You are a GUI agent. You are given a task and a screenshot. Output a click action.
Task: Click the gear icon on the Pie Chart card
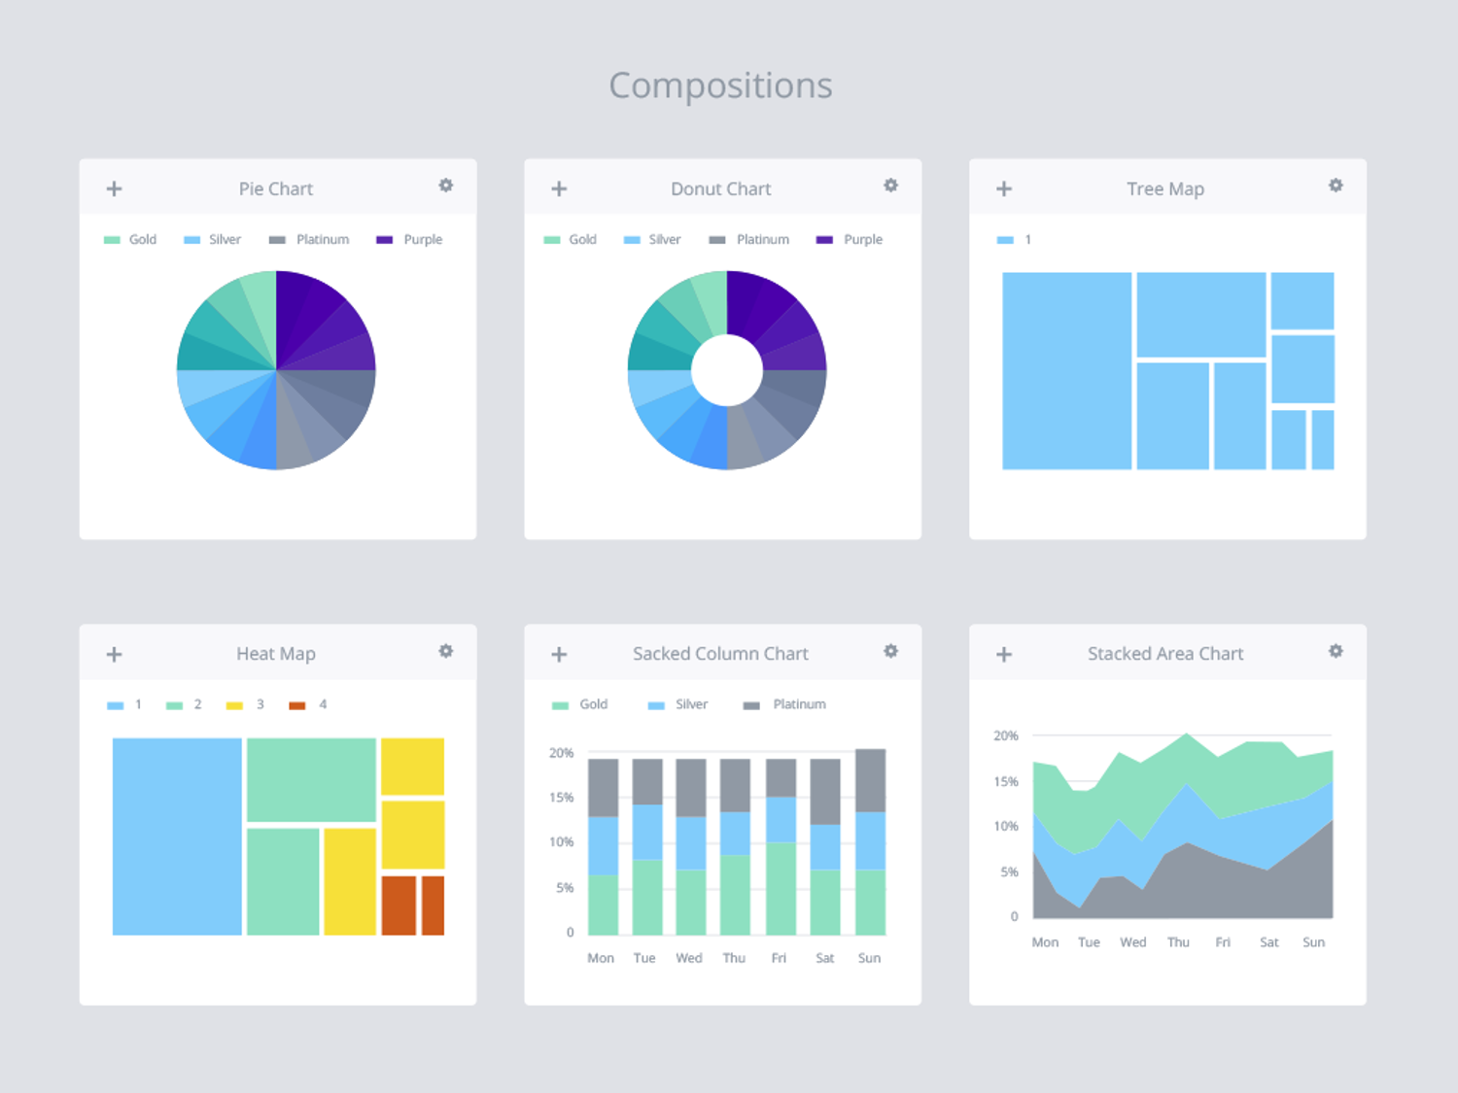point(445,186)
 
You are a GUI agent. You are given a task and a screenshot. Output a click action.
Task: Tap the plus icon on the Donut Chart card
point(559,188)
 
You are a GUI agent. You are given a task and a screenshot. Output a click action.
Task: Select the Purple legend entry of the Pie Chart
point(410,239)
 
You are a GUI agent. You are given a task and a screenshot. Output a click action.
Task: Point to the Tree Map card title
point(1165,188)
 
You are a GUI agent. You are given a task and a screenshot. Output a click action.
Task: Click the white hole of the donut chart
point(727,370)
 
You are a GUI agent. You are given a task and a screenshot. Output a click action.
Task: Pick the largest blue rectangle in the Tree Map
point(1066,370)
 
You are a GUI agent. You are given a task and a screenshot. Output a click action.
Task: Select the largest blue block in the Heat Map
point(177,837)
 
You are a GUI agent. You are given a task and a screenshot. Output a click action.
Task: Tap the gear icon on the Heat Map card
point(445,651)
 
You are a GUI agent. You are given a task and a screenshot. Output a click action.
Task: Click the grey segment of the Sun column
point(870,780)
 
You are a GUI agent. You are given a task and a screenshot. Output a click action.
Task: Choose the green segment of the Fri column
point(781,888)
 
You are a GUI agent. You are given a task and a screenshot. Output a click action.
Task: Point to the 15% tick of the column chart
point(561,798)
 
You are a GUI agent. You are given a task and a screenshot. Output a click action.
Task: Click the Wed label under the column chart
point(689,958)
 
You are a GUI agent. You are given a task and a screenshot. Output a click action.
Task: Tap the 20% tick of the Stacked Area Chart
point(1005,735)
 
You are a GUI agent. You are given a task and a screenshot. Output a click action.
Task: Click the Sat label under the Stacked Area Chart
point(1269,942)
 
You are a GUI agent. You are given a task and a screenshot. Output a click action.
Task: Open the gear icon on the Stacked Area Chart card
point(1336,651)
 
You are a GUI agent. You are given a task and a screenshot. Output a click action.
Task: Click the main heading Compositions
point(720,85)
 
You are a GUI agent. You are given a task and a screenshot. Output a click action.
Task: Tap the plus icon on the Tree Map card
point(1004,188)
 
